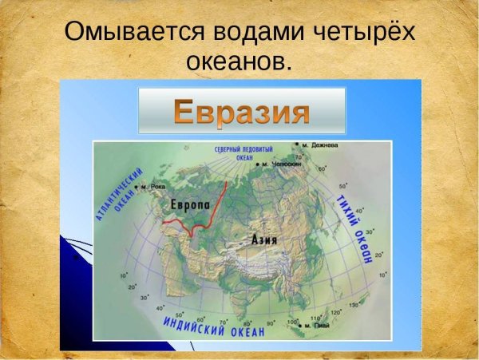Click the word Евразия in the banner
[x=242, y=111]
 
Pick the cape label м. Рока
[x=149, y=187]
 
